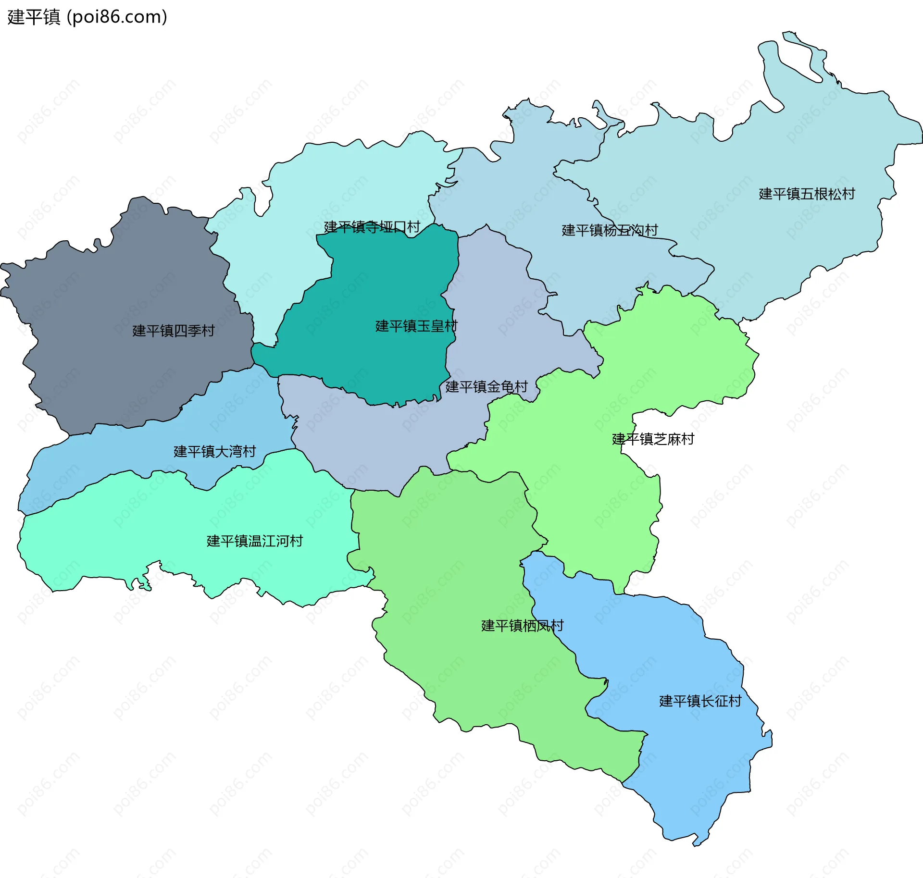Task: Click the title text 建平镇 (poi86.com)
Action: (87, 17)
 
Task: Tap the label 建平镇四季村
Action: (173, 331)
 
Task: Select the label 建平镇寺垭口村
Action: (372, 227)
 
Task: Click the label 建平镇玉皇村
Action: (416, 326)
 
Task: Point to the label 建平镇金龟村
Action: (486, 386)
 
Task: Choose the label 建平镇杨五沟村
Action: (609, 230)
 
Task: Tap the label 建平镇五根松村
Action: (807, 194)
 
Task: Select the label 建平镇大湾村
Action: (214, 451)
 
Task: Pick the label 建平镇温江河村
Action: (254, 541)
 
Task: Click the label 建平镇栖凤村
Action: (522, 625)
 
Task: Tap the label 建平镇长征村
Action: (700, 701)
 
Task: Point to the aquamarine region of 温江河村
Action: (144, 529)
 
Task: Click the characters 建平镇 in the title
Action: (34, 17)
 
